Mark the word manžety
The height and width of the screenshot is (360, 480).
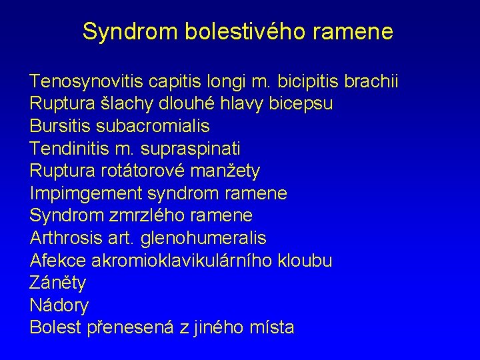coord(225,171)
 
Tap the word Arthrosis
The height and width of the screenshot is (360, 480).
coord(64,238)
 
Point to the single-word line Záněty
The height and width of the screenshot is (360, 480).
coord(58,283)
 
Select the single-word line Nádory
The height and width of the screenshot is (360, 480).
coord(59,305)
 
